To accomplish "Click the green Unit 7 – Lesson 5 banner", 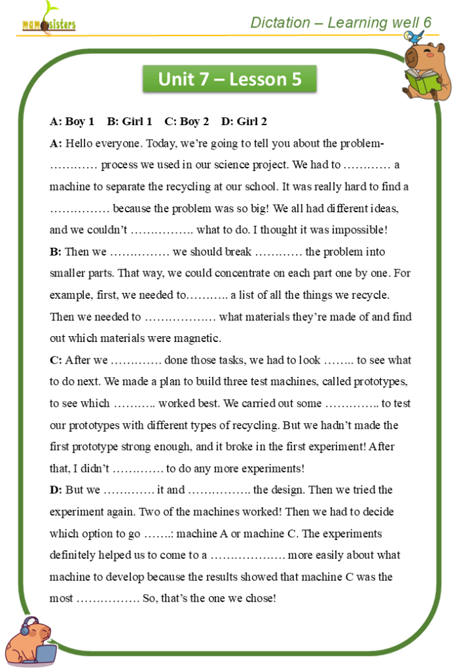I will (x=230, y=79).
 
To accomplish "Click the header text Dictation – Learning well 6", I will (x=340, y=23).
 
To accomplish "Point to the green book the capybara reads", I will (x=419, y=82).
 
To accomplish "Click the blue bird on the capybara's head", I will (x=412, y=37).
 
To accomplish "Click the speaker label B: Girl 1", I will (x=130, y=121).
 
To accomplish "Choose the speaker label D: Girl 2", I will (x=244, y=121).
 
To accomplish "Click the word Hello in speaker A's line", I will (x=79, y=144).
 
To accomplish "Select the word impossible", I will (x=359, y=230).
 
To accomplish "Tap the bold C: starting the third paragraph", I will (x=56, y=360).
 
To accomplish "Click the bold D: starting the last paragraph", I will (x=56, y=489).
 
